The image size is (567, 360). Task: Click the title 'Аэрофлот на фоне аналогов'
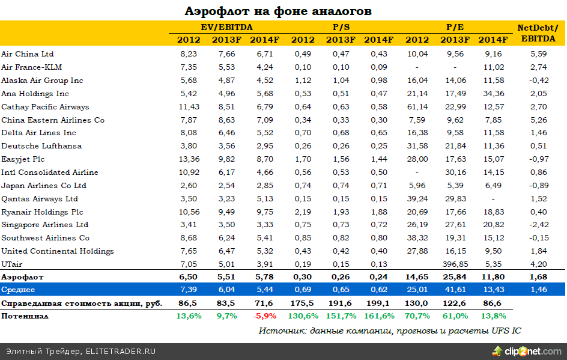(278, 11)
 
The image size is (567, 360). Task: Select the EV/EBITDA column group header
(226, 28)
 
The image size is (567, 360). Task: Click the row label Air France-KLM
(32, 67)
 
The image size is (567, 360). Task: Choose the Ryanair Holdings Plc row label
(42, 212)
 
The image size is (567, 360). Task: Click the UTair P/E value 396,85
(455, 264)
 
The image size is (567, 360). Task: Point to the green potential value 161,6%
(378, 316)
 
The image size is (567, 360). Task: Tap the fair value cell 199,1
(378, 304)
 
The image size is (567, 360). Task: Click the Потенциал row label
(25, 316)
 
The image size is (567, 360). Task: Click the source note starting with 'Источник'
(390, 331)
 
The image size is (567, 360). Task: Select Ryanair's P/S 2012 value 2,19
(303, 212)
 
